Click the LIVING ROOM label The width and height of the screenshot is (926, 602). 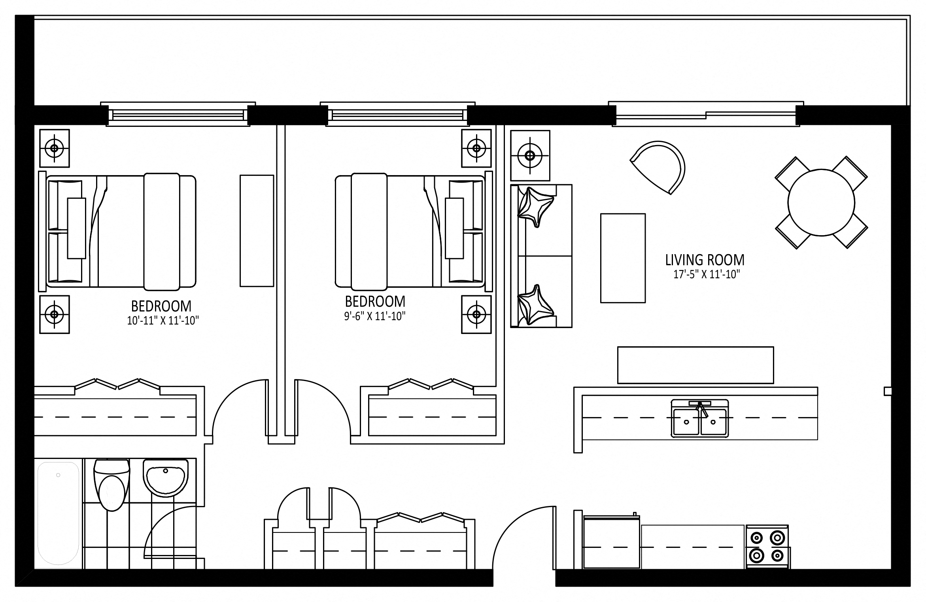click(705, 260)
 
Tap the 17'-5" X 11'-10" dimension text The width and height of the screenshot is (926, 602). click(707, 274)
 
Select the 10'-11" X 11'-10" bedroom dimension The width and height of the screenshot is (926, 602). click(163, 320)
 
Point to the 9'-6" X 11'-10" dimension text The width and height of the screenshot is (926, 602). click(375, 316)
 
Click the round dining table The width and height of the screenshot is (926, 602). click(821, 202)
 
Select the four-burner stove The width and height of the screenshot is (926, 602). click(767, 547)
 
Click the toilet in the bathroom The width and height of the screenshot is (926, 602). click(111, 485)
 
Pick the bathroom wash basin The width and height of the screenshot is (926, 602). click(166, 477)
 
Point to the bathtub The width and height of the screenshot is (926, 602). click(58, 513)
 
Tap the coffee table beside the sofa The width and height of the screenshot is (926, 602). click(623, 258)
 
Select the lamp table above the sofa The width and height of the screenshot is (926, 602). click(530, 155)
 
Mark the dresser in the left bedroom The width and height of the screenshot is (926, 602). click(257, 231)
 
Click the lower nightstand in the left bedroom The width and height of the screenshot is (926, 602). click(55, 314)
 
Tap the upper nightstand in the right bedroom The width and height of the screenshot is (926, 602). click(476, 148)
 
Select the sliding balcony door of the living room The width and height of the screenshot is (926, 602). click(705, 115)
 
